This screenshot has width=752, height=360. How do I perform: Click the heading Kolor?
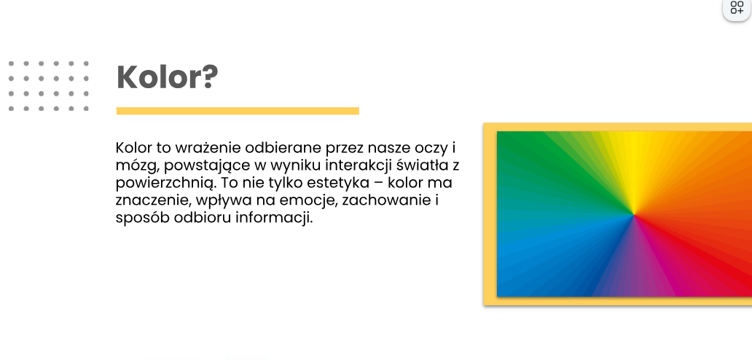click(x=168, y=77)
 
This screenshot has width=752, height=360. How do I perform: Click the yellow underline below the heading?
click(x=238, y=111)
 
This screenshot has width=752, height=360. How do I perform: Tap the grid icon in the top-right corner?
click(x=737, y=8)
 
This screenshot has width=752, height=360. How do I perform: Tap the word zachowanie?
click(x=387, y=200)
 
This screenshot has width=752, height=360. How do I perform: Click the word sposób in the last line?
click(x=142, y=219)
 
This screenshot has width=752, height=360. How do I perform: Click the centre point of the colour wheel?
click(x=633, y=215)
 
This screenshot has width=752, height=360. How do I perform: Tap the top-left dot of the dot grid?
click(x=11, y=63)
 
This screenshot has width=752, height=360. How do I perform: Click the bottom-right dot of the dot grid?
click(x=86, y=109)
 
